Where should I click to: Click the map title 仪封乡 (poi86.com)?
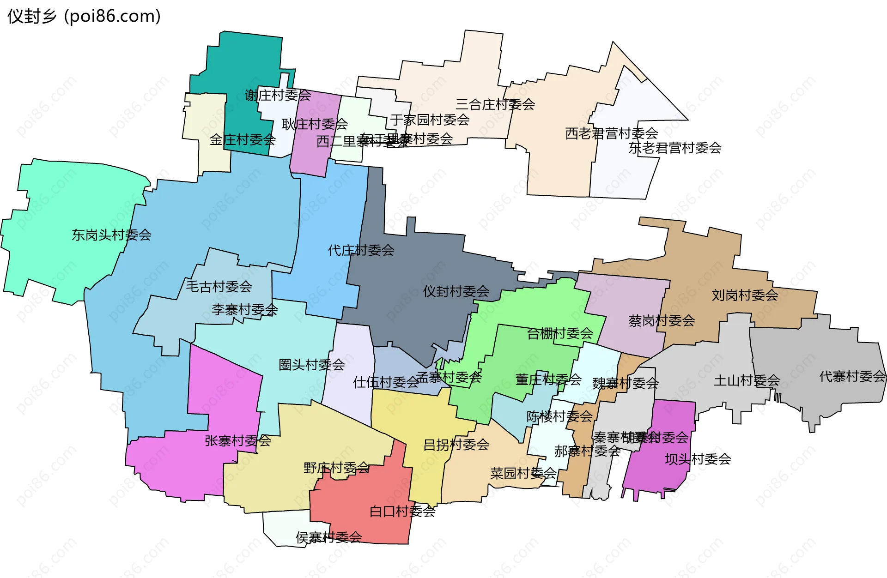[84, 17]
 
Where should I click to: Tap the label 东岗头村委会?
[111, 235]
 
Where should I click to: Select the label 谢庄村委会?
[278, 96]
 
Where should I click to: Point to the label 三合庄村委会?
[495, 104]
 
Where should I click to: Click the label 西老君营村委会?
[611, 133]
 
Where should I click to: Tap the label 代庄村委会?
[361, 250]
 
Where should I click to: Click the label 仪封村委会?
[456, 291]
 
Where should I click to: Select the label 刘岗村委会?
[745, 295]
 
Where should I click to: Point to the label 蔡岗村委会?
[662, 320]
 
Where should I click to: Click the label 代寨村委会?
[852, 376]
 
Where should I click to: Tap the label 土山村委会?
[747, 380]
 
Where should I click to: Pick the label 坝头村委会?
[698, 459]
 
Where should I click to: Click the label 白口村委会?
[402, 511]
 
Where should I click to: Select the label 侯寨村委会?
[328, 537]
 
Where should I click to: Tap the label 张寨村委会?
[238, 440]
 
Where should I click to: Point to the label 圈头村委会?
[312, 365]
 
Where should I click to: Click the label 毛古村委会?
[219, 287]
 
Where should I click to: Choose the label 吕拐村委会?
[456, 445]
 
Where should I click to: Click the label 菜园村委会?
[523, 473]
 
